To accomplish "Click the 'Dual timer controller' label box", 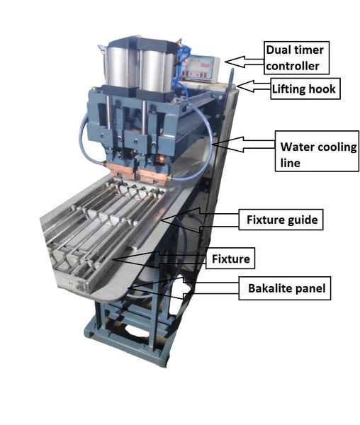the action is (x=296, y=58).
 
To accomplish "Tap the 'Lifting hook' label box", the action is (x=305, y=89).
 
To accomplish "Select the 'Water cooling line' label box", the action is (x=317, y=152).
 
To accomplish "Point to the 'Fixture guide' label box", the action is (x=281, y=220).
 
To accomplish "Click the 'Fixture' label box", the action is (x=230, y=259).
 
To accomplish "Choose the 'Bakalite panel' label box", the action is (x=285, y=288).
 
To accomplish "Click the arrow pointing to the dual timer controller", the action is (x=244, y=62).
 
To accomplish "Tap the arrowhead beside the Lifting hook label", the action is (x=245, y=86).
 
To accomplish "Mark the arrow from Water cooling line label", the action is (x=243, y=144).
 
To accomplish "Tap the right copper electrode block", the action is (x=154, y=176).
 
